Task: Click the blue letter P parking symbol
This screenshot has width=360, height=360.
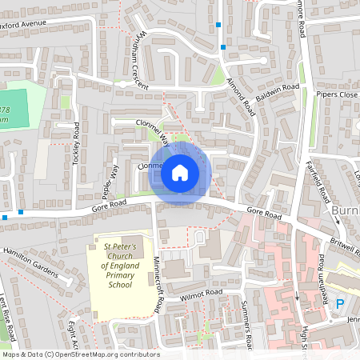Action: coord(340,304)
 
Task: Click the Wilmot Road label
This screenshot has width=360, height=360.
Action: coord(202,294)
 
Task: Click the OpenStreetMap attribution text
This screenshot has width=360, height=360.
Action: coord(80,354)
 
